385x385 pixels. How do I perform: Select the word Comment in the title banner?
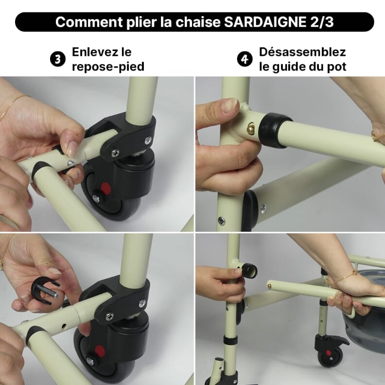coord(82,22)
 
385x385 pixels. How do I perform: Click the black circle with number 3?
coord(58,59)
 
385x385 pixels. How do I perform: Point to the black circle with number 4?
coord(245,59)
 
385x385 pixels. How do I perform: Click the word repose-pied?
coord(108,67)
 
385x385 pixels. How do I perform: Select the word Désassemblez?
coord(302,52)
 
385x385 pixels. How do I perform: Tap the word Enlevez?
coord(95,52)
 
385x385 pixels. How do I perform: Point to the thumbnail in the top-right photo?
coord(229,105)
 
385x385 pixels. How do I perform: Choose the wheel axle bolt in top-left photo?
coord(96,199)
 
